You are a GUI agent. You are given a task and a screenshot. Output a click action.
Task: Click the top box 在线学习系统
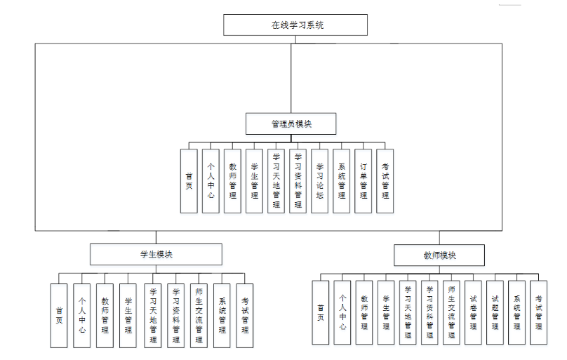click(295, 25)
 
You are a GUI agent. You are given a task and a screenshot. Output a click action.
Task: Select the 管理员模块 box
click(291, 124)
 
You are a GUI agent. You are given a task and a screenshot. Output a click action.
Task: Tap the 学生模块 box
click(156, 254)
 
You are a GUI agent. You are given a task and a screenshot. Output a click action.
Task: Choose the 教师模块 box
click(439, 255)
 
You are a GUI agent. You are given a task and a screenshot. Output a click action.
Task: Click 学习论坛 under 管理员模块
click(319, 181)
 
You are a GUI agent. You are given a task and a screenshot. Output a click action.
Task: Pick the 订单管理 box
click(363, 181)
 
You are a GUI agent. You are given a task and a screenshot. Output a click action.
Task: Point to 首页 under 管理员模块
click(189, 181)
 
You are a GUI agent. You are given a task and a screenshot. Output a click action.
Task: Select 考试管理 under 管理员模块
click(385, 181)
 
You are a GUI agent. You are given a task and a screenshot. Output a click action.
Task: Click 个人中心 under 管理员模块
click(211, 181)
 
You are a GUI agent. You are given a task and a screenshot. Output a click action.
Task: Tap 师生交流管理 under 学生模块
click(199, 315)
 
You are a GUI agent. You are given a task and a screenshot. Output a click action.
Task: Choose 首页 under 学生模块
click(59, 315)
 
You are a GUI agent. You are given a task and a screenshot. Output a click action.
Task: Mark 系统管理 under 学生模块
click(222, 315)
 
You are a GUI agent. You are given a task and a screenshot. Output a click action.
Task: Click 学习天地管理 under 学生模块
click(153, 315)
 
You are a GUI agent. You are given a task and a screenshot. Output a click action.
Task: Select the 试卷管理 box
click(473, 312)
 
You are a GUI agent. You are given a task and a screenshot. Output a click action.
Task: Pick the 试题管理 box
click(495, 312)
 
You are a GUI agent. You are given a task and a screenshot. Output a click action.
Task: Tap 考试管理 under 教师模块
click(538, 312)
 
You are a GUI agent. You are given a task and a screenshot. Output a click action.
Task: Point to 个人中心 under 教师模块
click(342, 312)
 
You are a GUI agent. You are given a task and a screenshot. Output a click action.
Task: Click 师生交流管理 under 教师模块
click(451, 312)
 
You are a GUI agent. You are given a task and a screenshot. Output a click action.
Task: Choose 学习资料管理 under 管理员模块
click(298, 181)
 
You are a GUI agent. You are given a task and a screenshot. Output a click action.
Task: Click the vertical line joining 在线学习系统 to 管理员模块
click(291, 77)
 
